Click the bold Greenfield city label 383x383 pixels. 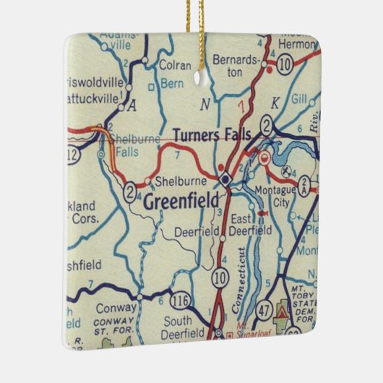[x=181, y=202]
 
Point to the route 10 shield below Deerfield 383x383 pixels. [x=220, y=277]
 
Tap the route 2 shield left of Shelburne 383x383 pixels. [x=130, y=191]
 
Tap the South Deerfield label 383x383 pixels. [x=184, y=327]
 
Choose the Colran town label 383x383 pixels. [x=175, y=65]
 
